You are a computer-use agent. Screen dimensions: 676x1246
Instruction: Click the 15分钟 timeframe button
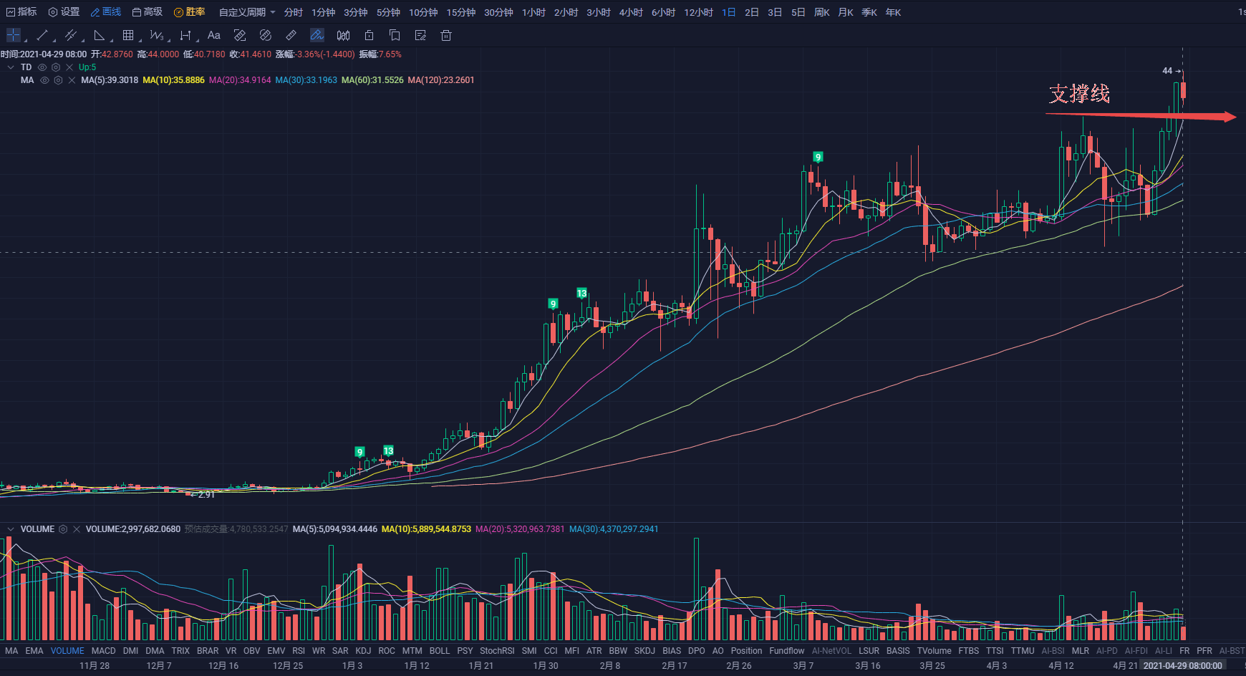tap(460, 12)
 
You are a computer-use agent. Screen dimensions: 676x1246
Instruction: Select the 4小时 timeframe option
tap(630, 12)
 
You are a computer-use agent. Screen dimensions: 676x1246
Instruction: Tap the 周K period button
tap(821, 12)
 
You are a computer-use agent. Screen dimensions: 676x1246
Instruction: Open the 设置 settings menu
tap(64, 12)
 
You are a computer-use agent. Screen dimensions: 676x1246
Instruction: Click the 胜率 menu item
tap(190, 12)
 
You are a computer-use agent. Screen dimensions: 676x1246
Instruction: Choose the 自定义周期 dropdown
tap(246, 12)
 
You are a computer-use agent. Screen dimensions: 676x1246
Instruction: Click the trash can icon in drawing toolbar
tap(445, 35)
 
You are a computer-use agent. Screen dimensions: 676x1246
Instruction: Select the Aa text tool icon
tap(213, 35)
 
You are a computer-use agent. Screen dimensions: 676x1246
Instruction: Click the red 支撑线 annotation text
tap(1079, 94)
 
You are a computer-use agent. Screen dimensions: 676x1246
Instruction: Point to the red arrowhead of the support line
tap(1230, 117)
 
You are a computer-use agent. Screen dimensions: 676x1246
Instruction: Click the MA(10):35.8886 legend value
tap(173, 80)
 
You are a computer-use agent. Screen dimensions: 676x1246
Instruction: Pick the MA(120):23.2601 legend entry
tap(440, 80)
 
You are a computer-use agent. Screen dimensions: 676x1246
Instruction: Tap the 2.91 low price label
tap(206, 495)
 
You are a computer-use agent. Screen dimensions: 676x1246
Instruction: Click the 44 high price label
tap(1167, 71)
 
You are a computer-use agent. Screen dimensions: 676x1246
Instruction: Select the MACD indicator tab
tap(103, 651)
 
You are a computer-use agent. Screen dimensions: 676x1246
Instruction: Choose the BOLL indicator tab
tap(439, 651)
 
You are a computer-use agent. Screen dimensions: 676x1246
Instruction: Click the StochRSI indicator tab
tap(496, 651)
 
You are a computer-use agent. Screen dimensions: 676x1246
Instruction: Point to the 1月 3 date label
tap(352, 665)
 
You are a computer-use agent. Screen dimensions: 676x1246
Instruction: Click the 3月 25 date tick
tap(932, 665)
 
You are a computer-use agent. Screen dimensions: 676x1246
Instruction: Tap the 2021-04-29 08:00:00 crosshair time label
tap(1182, 665)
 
